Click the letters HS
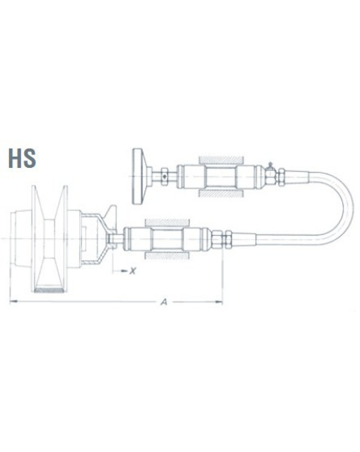22,158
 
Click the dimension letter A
164,302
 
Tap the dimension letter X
132,271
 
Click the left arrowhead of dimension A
13,302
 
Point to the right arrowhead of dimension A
219,302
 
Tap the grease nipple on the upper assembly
270,165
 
